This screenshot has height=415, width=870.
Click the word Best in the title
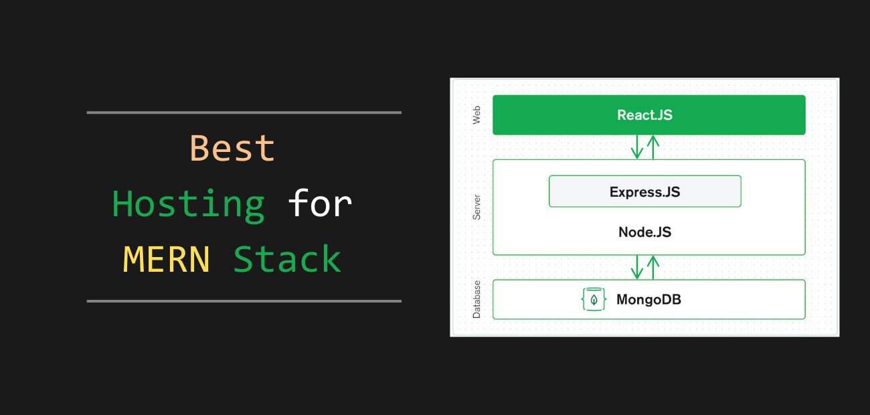click(232, 148)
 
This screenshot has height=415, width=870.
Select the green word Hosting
click(188, 205)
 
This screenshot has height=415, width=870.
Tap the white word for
click(320, 203)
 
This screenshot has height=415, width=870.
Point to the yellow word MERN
click(166, 259)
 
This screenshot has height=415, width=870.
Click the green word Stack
click(287, 258)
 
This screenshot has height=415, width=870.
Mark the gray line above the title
click(244, 112)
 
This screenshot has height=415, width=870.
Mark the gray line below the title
click(244, 301)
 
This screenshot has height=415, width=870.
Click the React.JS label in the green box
click(644, 115)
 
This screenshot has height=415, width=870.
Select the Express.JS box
click(644, 191)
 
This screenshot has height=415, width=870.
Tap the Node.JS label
click(644, 232)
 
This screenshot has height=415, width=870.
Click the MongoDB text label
click(648, 300)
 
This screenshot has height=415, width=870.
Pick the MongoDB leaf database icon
click(594, 299)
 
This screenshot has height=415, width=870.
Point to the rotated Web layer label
click(476, 114)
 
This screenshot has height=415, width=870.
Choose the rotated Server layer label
click(476, 207)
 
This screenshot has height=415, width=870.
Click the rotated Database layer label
click(476, 299)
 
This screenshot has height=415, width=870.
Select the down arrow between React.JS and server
click(636, 147)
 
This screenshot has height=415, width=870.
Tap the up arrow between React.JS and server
click(653, 147)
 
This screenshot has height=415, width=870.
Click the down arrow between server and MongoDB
click(636, 267)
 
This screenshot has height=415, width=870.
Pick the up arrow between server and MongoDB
click(653, 267)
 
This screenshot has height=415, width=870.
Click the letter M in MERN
click(133, 259)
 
